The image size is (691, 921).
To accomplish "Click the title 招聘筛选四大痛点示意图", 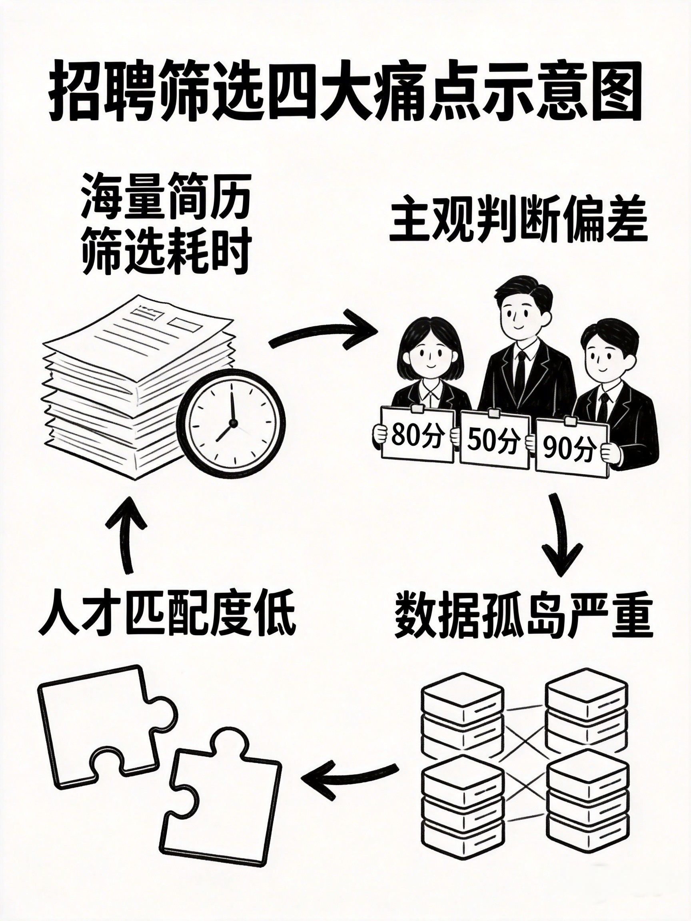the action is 345,97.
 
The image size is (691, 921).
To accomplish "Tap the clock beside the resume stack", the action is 231,424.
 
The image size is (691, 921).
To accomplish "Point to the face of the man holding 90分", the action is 600,357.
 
